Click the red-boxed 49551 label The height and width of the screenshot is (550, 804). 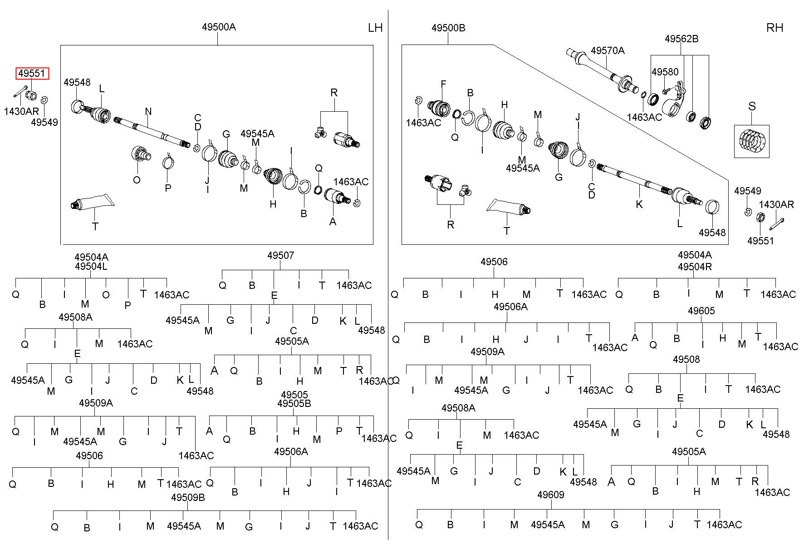32,74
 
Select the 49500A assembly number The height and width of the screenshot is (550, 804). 219,27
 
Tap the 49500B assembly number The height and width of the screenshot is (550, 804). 448,28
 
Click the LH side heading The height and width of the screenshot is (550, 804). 375,28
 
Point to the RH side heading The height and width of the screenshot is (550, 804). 775,28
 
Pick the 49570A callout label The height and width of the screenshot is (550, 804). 608,50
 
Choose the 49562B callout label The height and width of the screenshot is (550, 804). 681,39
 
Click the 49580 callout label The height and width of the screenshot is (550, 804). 665,72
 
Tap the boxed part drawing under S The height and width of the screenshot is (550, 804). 751,141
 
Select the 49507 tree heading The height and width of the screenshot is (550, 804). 280,255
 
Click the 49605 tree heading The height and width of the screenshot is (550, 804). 701,311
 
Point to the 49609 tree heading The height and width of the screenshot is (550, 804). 550,495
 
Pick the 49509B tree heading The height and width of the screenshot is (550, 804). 188,497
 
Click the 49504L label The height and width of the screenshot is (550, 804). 91,266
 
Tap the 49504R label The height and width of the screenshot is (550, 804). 695,267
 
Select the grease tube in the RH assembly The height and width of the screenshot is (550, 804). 509,208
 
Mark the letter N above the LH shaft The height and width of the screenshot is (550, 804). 148,111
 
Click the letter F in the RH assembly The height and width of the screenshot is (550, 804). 443,84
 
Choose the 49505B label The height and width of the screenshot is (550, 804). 294,403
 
